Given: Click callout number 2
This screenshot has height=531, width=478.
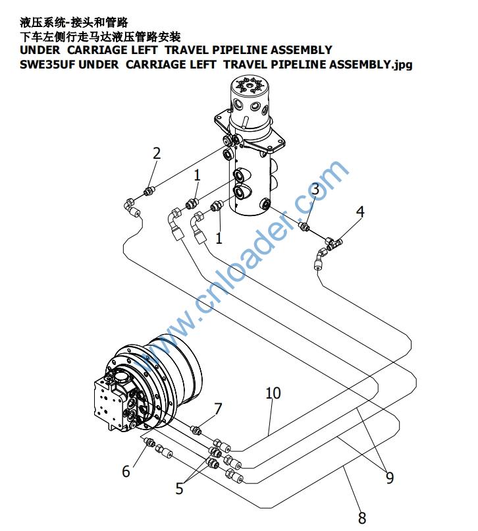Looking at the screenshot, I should coord(157,154).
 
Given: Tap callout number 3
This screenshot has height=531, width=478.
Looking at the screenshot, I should coord(315,190).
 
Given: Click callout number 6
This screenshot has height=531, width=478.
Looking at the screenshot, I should coord(126,471).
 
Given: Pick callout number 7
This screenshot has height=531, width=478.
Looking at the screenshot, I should coord(218,409).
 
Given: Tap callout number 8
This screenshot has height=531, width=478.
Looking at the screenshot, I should coord(361,517).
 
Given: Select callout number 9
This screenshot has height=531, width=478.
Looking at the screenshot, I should coord(390,477).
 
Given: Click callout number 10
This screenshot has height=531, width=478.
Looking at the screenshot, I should coord(273,393).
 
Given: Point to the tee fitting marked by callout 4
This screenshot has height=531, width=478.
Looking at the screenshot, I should coord(333,244).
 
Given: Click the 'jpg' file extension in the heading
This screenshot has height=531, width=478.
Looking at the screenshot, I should coord(403,65).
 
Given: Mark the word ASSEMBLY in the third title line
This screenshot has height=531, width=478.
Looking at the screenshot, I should coord(299,50).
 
